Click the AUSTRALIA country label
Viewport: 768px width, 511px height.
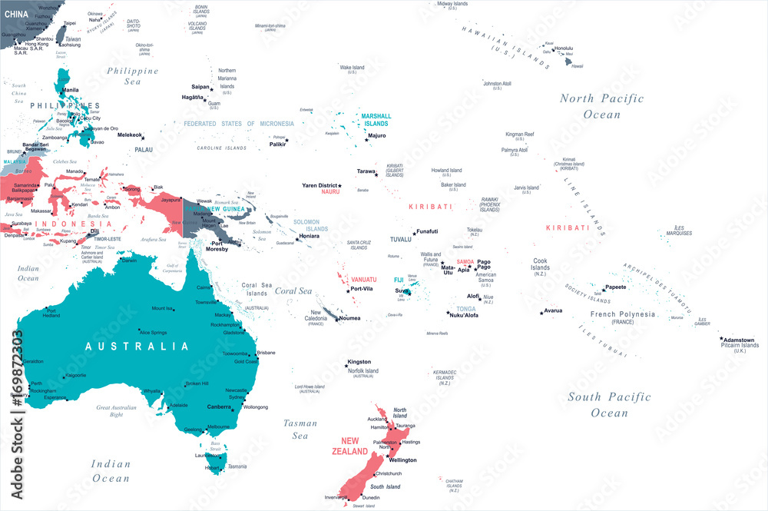tap(137, 347)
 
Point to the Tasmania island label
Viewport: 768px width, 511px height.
tap(237, 466)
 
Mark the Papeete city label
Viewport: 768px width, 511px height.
tap(616, 287)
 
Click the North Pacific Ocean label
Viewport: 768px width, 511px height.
tap(601, 106)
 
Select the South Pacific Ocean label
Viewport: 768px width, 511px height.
tap(609, 404)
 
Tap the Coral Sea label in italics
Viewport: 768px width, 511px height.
tap(293, 291)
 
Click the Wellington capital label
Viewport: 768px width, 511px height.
tap(403, 460)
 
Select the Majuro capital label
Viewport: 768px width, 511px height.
tap(377, 135)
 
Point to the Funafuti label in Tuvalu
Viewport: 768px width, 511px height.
tap(427, 231)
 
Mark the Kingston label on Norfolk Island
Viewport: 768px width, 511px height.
tap(359, 361)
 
